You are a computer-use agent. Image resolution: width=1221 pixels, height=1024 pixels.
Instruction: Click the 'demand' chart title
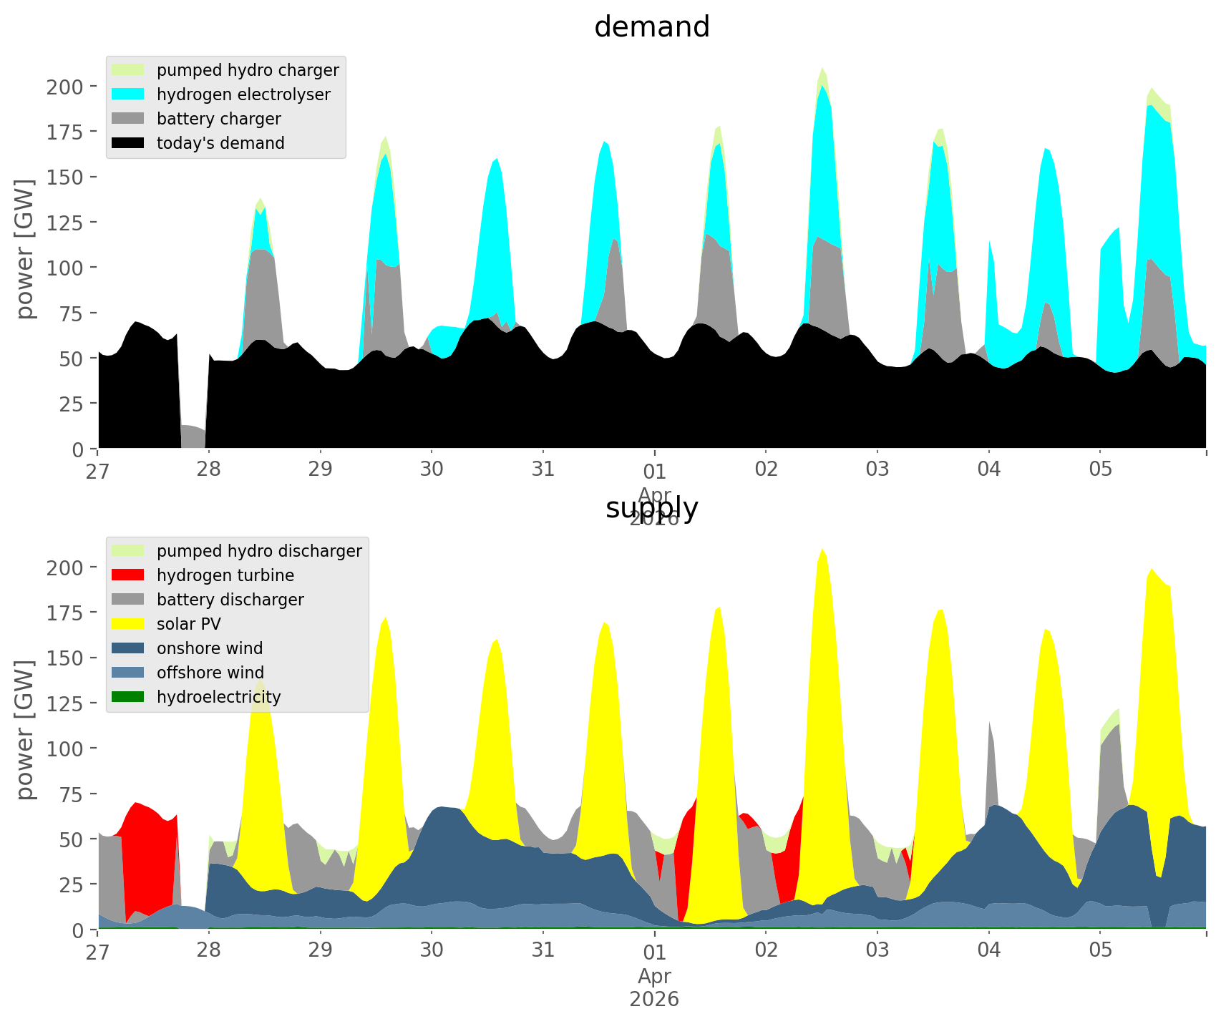click(651, 27)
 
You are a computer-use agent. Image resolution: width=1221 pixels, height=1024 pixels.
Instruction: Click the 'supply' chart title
click(651, 508)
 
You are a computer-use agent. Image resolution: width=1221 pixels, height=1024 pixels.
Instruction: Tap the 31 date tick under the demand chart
click(543, 470)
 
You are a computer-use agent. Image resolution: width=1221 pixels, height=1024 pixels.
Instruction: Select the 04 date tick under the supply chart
click(988, 951)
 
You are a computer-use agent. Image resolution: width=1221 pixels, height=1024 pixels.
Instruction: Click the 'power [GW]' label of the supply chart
click(25, 730)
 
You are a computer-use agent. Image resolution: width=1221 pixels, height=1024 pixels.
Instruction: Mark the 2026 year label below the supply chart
click(654, 999)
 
